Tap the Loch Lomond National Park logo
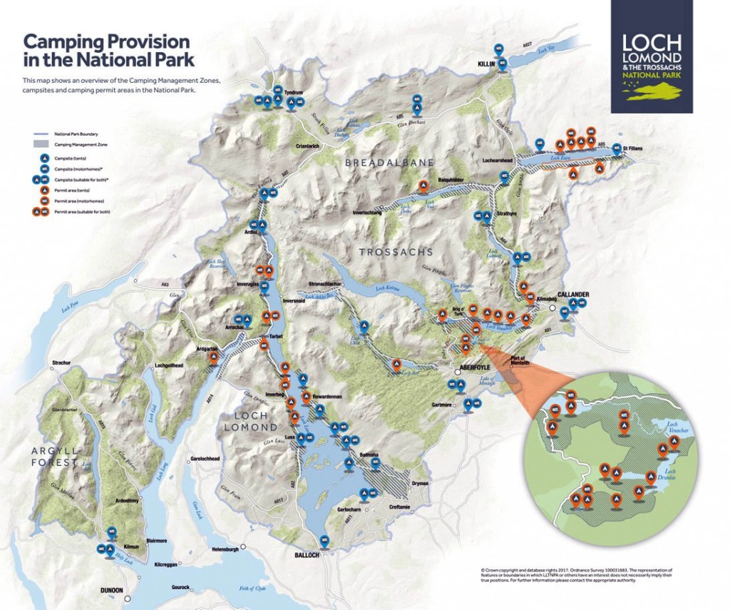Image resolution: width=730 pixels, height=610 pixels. tap(652, 56)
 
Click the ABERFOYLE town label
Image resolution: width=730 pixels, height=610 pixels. tap(477, 370)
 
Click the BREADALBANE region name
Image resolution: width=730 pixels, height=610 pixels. tap(389, 163)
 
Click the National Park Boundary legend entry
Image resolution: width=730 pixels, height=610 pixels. tap(76, 134)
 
